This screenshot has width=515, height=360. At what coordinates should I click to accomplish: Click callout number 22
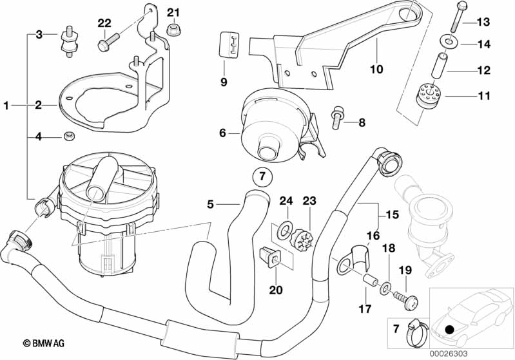pos(104,23)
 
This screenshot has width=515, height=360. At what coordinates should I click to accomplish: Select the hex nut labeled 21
pos(173,30)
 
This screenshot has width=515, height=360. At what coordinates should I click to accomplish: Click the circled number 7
pos(262,176)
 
